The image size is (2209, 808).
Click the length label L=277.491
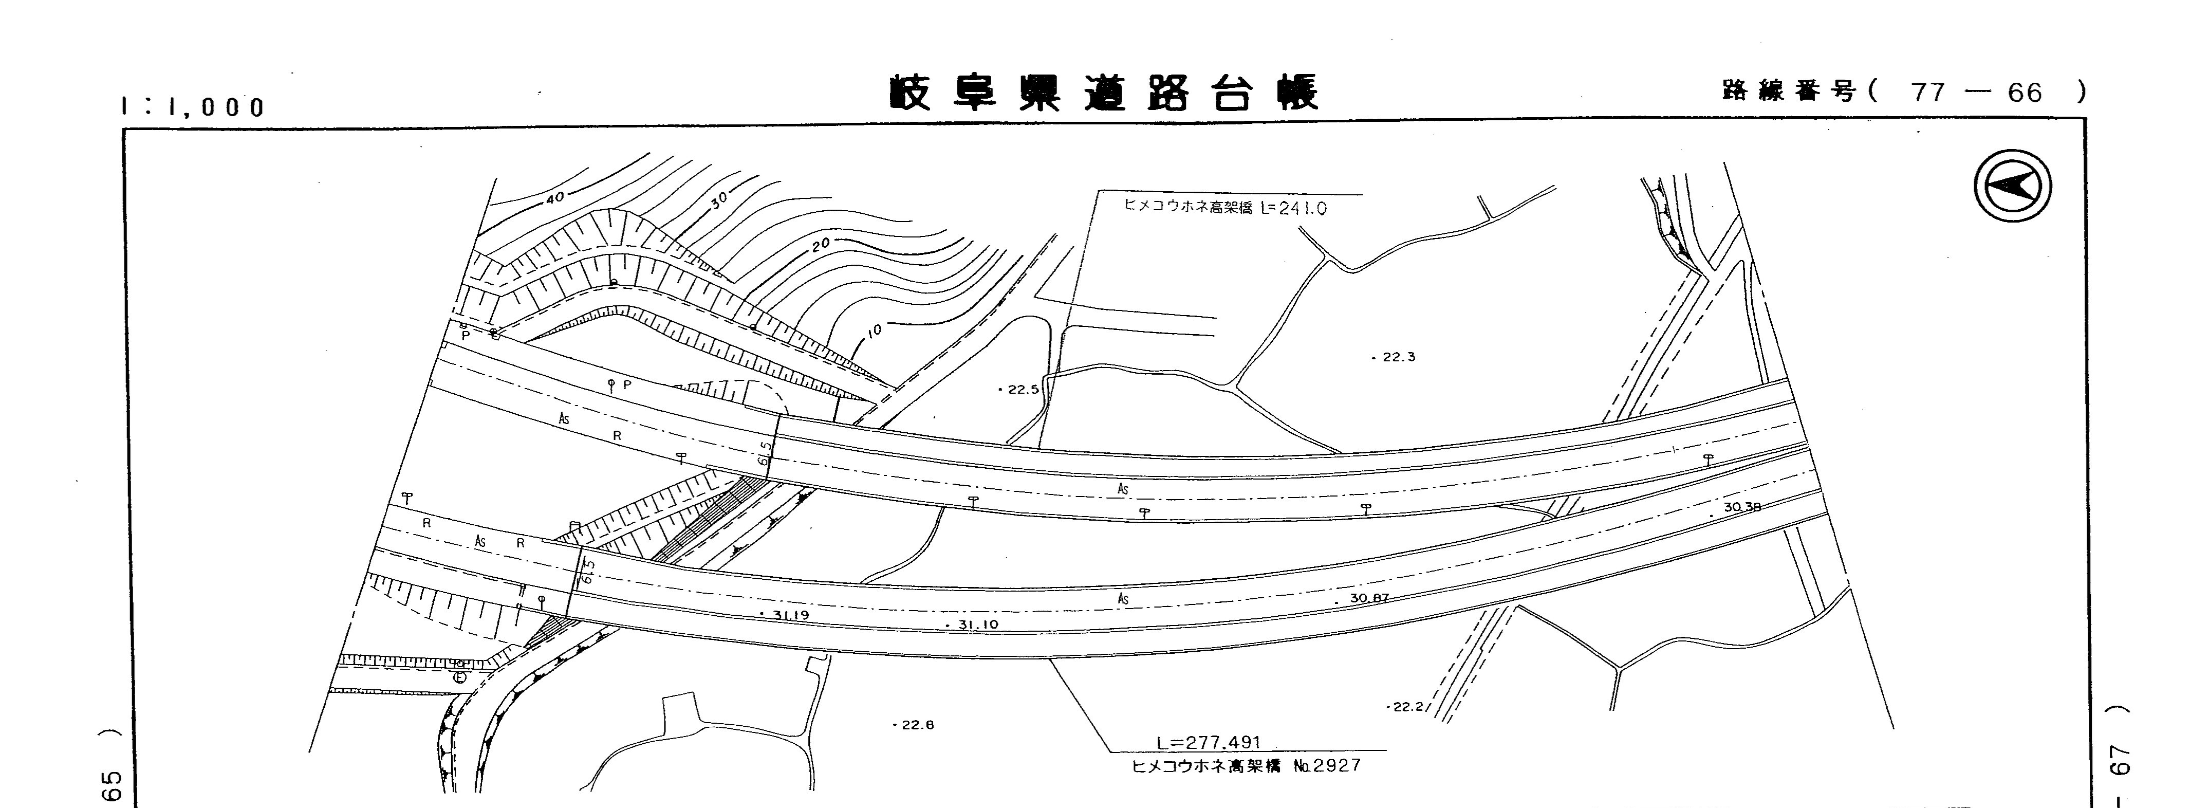pos(1208,743)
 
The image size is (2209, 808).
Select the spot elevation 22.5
pos(1022,390)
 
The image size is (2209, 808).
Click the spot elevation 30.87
pos(1369,598)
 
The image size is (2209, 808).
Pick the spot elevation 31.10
pos(977,625)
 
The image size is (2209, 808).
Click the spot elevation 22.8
pos(915,725)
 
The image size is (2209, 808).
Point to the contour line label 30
pos(719,200)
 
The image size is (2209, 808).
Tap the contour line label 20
pos(821,245)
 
